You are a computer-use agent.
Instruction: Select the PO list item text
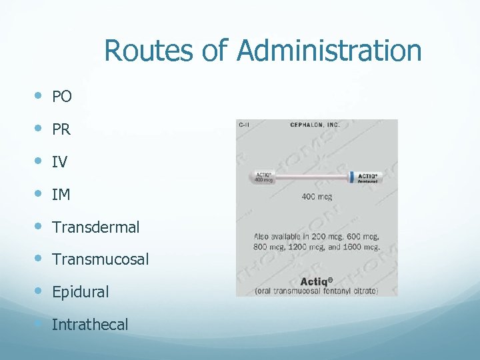(x=62, y=97)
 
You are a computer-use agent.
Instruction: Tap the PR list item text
(x=61, y=129)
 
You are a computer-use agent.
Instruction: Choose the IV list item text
(x=59, y=162)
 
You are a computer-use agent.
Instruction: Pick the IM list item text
(x=61, y=195)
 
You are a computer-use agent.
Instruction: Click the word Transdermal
(x=96, y=227)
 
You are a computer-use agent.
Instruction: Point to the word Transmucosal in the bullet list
(x=101, y=260)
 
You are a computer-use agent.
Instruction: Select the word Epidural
(x=80, y=292)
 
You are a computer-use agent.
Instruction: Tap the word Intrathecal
(x=90, y=325)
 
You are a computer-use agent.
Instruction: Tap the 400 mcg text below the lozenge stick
(x=317, y=197)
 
